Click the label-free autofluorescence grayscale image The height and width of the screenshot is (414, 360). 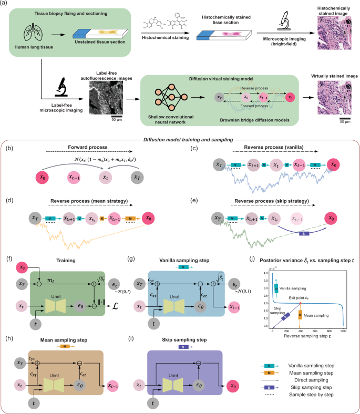coord(102,98)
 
